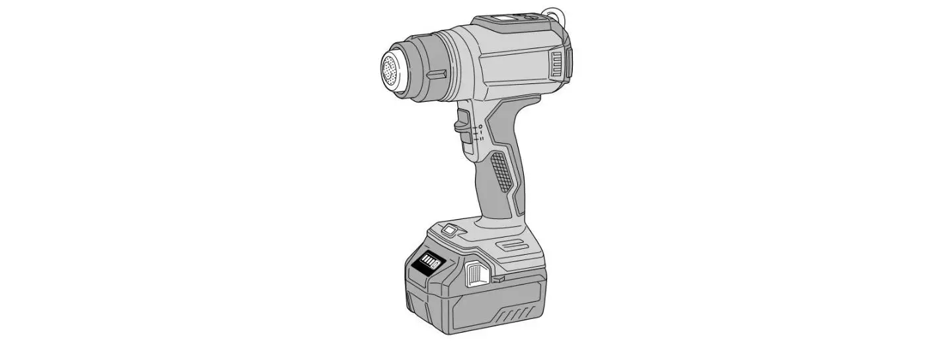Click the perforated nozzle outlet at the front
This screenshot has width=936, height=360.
(392, 67)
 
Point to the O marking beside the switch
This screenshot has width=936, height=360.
(481, 126)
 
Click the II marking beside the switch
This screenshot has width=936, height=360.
(481, 139)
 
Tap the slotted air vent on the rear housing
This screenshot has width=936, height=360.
(558, 66)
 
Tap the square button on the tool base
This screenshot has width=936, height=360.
(450, 230)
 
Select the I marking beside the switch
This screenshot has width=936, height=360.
(481, 132)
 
